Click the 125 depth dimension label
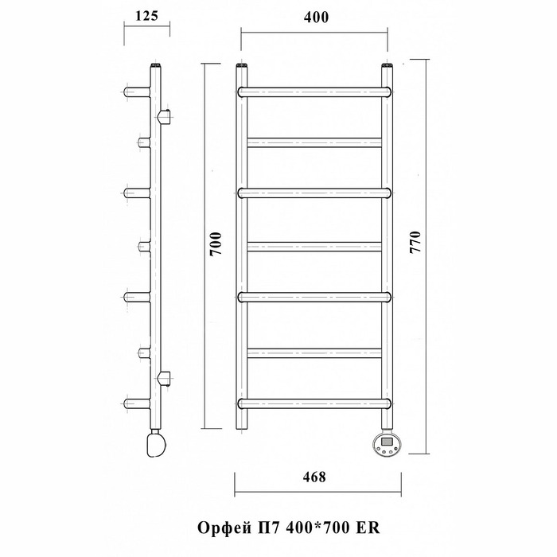pyautogui.click(x=146, y=16)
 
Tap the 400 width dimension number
pyautogui.click(x=316, y=18)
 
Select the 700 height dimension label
pyautogui.click(x=216, y=243)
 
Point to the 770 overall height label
pyautogui.click(x=415, y=242)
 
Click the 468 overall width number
pyautogui.click(x=314, y=477)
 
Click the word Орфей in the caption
pyautogui.click(x=222, y=528)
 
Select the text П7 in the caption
pyautogui.click(x=267, y=528)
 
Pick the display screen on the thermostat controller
pyautogui.click(x=386, y=442)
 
